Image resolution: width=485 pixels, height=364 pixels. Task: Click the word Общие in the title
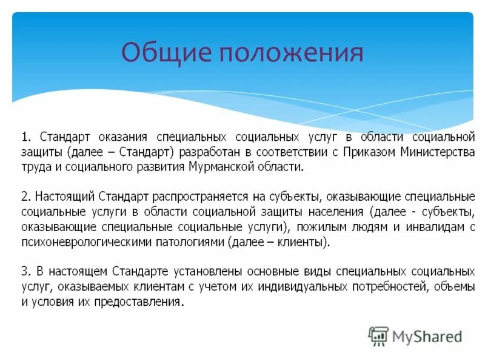coord(164,53)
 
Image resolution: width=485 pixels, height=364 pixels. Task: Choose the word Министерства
coord(438,152)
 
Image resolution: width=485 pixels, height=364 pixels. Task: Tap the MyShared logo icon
coord(378,335)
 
